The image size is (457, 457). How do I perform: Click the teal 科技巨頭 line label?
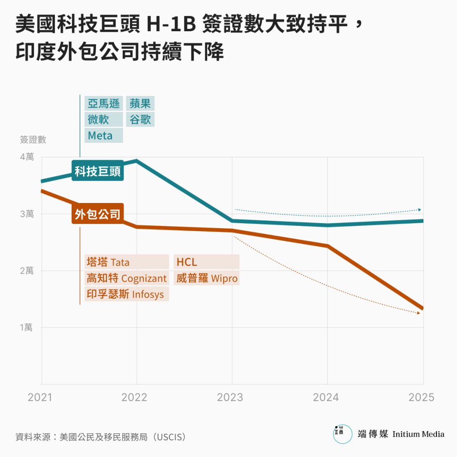click(98, 171)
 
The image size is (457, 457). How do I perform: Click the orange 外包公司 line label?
click(98, 215)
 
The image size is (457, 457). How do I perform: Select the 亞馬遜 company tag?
click(104, 104)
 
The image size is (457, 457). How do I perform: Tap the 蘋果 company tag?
click(140, 104)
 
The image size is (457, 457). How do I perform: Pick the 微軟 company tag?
click(104, 120)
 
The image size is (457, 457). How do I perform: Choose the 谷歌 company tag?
click(140, 120)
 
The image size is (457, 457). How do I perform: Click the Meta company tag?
click(104, 135)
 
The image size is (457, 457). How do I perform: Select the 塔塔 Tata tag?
click(127, 262)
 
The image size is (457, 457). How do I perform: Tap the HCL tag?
click(206, 262)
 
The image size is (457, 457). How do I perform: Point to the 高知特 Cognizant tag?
click(127, 278)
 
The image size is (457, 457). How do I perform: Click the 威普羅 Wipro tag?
click(206, 278)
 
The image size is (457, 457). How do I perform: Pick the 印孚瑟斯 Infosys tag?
click(127, 295)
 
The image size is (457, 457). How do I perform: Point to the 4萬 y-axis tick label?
click(26, 158)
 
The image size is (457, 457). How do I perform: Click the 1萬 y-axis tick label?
click(26, 328)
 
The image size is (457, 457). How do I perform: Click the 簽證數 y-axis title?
click(33, 140)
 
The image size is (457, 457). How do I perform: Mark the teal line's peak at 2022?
click(137, 161)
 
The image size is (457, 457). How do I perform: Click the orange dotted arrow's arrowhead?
click(419, 313)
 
